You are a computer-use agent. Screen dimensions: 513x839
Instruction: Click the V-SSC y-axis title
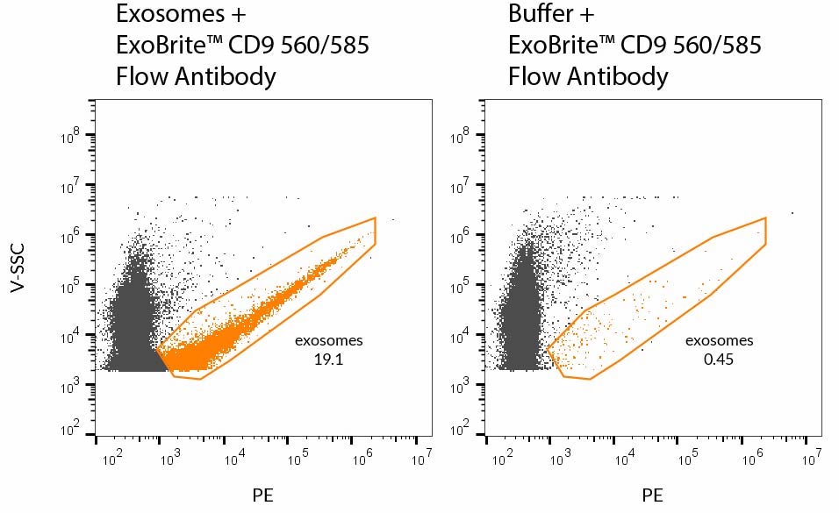point(18,267)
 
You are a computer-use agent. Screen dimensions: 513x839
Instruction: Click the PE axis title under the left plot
point(262,495)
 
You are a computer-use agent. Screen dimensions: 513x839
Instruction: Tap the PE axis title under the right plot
point(652,495)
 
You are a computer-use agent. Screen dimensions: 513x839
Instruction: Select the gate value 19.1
point(327,358)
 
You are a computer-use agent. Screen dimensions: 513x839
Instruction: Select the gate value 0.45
point(718,358)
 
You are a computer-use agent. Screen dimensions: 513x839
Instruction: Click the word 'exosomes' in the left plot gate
point(327,340)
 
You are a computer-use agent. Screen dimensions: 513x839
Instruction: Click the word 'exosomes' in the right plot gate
point(719,340)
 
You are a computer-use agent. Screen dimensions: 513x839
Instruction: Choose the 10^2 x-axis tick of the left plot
point(110,456)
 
